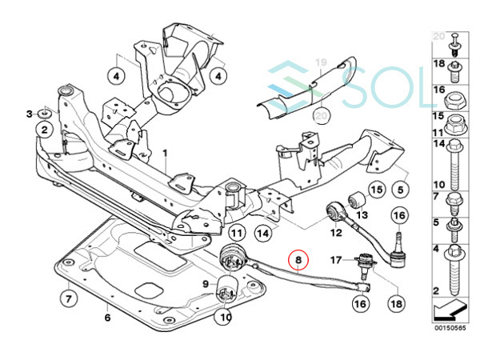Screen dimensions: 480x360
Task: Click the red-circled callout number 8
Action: pyautogui.click(x=298, y=260)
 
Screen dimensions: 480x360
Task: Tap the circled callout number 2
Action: pyautogui.click(x=44, y=130)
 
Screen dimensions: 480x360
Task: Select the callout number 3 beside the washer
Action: pyautogui.click(x=30, y=114)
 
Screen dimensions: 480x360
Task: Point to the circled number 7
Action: pyautogui.click(x=68, y=298)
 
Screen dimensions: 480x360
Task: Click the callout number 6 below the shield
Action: pyautogui.click(x=107, y=318)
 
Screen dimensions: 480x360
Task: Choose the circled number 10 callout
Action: pyautogui.click(x=225, y=317)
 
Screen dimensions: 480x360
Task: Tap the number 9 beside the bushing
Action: pyautogui.click(x=206, y=284)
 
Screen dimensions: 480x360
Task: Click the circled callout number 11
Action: pyautogui.click(x=237, y=234)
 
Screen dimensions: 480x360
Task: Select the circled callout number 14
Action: pyautogui.click(x=263, y=234)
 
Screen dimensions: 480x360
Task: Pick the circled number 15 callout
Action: pyautogui.click(x=377, y=190)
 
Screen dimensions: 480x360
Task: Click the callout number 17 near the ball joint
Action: pyautogui.click(x=336, y=260)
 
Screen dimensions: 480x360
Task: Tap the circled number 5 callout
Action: pyautogui.click(x=401, y=190)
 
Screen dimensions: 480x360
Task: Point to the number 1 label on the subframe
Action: pyautogui.click(x=166, y=153)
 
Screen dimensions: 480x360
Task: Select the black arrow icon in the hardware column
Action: pyautogui.click(x=450, y=309)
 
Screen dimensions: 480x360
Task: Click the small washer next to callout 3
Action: pyautogui.click(x=45, y=114)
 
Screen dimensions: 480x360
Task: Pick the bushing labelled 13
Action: pyautogui.click(x=357, y=199)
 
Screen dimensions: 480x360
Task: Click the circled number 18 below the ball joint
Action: pyautogui.click(x=397, y=303)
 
